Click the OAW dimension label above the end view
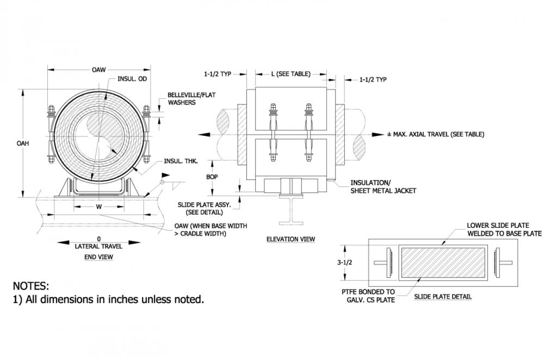[x=98, y=70]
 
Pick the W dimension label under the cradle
[x=98, y=207]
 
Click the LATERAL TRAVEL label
[x=98, y=246]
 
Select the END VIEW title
[x=98, y=257]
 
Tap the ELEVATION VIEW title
[x=290, y=239]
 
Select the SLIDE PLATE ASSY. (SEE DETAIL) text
[x=205, y=208]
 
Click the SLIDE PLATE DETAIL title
[x=443, y=296]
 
